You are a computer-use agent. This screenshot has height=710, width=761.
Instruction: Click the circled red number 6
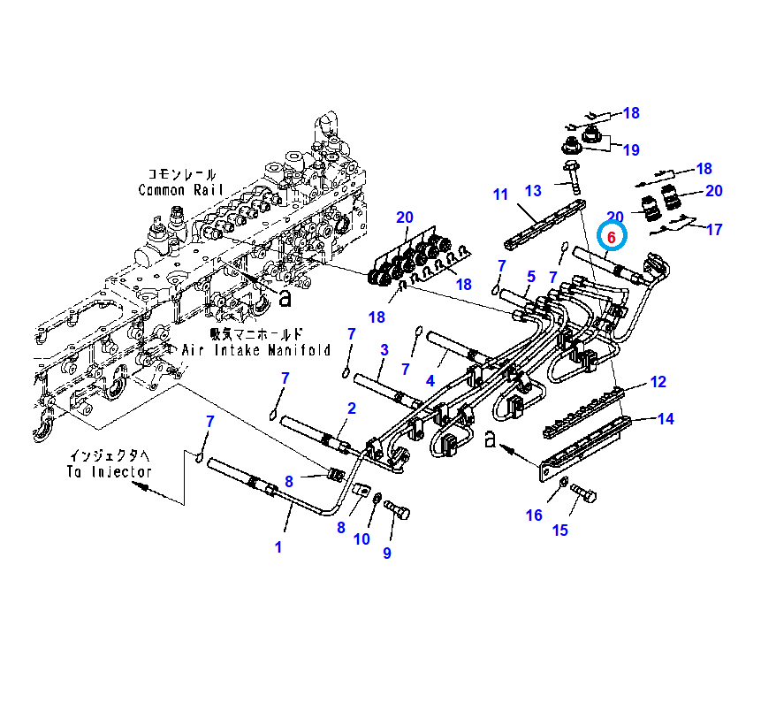[x=611, y=237]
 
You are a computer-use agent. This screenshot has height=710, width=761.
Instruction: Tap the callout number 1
[x=278, y=547]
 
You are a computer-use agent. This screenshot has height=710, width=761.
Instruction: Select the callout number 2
[x=351, y=408]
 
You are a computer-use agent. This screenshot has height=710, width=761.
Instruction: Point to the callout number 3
[x=384, y=350]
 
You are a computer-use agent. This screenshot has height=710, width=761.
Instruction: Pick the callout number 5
[x=531, y=277]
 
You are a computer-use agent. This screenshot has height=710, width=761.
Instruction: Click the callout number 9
[x=386, y=553]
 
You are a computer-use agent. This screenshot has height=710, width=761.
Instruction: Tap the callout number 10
[x=361, y=538]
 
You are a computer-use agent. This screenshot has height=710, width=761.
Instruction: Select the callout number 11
[x=500, y=195]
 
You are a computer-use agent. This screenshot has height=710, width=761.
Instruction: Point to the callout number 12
[x=658, y=382]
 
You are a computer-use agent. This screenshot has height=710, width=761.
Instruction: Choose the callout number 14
[x=666, y=419]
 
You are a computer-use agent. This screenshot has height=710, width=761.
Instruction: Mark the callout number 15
[x=560, y=531]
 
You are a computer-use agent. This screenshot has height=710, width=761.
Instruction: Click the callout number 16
[x=534, y=515]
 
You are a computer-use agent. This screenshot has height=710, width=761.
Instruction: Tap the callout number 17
[x=714, y=229]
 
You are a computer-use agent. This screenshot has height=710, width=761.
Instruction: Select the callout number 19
[x=630, y=150]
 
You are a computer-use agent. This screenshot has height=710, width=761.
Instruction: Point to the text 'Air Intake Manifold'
[x=255, y=350]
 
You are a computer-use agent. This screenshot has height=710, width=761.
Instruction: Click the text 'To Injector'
[x=109, y=472]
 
